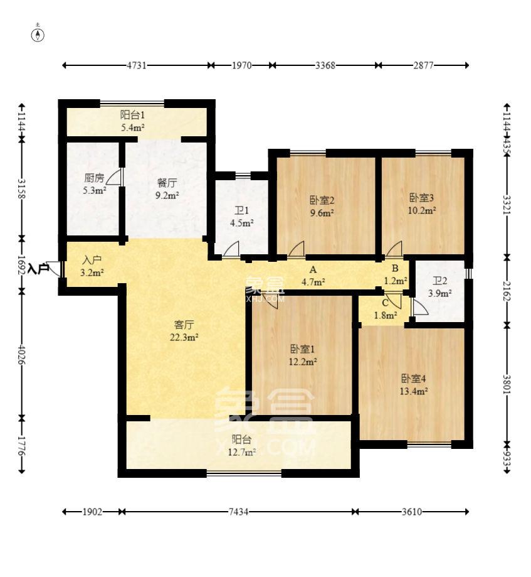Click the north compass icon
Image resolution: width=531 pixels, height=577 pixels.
click(x=38, y=34)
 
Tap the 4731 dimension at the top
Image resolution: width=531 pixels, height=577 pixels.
click(x=137, y=65)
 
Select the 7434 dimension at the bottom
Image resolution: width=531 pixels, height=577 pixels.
click(x=238, y=512)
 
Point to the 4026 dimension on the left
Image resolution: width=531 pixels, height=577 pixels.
click(x=22, y=354)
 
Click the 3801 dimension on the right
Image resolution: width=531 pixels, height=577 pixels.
click(x=507, y=384)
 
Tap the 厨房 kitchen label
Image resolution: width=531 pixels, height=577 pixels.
click(x=94, y=178)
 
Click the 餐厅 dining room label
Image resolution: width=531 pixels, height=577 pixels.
click(x=167, y=183)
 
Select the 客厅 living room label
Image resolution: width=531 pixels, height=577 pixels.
click(x=184, y=325)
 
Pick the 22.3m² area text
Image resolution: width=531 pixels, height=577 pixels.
click(x=184, y=337)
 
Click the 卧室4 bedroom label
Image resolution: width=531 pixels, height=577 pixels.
click(x=413, y=379)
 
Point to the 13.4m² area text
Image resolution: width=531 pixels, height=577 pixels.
click(x=414, y=391)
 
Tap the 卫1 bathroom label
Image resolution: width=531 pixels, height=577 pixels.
click(x=242, y=210)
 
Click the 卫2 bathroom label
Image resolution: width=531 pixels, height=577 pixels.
click(x=440, y=281)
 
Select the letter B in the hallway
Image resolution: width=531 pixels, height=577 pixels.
click(x=395, y=268)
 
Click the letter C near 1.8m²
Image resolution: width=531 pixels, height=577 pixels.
click(x=385, y=303)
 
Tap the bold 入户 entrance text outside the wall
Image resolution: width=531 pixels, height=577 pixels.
click(x=39, y=269)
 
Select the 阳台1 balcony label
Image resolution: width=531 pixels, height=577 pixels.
click(x=132, y=115)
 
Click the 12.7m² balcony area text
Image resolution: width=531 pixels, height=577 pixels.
click(x=242, y=452)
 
